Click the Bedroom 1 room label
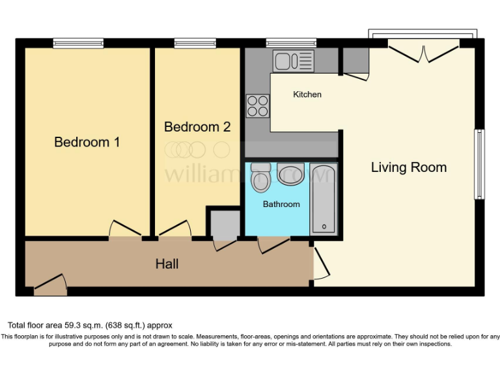[x=87, y=142]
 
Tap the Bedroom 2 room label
[x=197, y=127]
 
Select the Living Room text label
[x=408, y=167]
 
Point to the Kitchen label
[x=307, y=94]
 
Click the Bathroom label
[x=281, y=204]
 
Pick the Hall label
[x=167, y=264]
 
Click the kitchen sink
[x=294, y=62]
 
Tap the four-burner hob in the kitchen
[x=257, y=105]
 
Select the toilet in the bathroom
[x=261, y=178]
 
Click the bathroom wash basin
[x=290, y=174]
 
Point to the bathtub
[x=323, y=199]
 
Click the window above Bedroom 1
[x=78, y=44]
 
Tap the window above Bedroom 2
[x=195, y=44]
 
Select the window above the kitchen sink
[x=291, y=44]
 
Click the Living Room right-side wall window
[x=479, y=164]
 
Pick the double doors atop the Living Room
[x=424, y=52]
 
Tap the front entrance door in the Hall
[x=50, y=284]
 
